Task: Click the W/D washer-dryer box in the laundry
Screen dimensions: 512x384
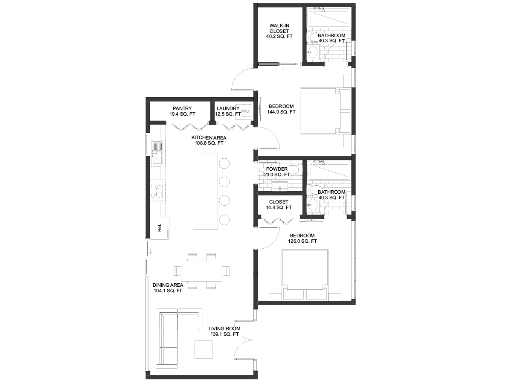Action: point(244,112)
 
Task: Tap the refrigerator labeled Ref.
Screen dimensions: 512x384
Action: point(160,228)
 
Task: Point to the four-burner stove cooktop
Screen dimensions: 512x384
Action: point(157,191)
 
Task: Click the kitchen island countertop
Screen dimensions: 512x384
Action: point(205,191)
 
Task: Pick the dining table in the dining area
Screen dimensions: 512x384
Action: point(201,271)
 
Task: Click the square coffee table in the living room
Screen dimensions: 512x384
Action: point(204,349)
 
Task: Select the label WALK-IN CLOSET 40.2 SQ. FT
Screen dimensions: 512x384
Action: point(279,31)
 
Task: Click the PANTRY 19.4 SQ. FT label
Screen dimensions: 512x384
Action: point(183,111)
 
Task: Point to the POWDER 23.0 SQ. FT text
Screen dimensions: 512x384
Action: point(277,172)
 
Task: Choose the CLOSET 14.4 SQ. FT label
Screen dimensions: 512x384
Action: point(279,204)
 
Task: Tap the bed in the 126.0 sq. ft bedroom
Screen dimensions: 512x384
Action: point(305,274)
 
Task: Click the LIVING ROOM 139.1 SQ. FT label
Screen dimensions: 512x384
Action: point(224,332)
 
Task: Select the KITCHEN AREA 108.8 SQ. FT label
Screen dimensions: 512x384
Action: point(209,140)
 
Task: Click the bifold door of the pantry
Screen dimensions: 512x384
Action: point(190,127)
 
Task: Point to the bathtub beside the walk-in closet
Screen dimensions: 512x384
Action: point(329,17)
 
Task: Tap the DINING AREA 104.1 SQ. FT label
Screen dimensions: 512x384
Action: point(168,288)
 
